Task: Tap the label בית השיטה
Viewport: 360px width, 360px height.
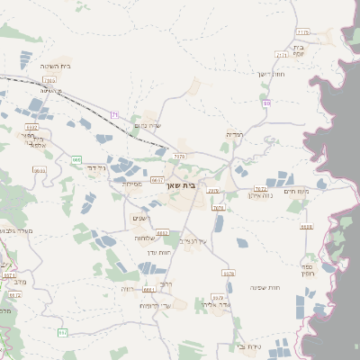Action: tap(56, 67)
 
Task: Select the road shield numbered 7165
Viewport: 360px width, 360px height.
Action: tap(49, 81)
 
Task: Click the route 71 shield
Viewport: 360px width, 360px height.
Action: tap(115, 113)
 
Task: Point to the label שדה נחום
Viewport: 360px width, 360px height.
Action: tap(147, 126)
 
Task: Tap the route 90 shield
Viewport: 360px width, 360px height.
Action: tap(266, 103)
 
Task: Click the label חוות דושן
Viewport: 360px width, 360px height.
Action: tap(270, 74)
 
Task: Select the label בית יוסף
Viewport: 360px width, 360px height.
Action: tap(300, 50)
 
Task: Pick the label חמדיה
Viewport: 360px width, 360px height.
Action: tap(235, 134)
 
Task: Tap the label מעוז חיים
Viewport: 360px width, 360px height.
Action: tap(319, 190)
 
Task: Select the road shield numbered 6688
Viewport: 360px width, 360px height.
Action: tap(307, 227)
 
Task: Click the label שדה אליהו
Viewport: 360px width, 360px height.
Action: tap(217, 305)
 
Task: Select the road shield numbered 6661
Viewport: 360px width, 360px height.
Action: tap(148, 290)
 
